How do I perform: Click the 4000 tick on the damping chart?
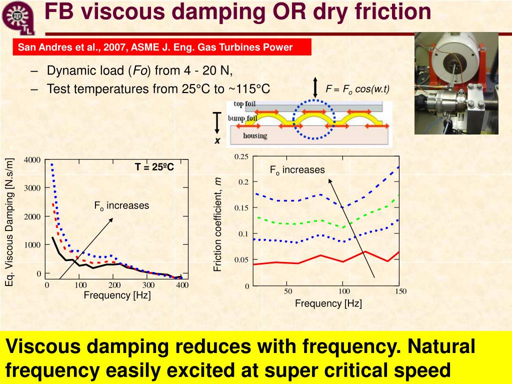[x=31, y=160]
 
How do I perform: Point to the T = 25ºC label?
[x=154, y=167]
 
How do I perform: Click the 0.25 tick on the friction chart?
[x=241, y=157]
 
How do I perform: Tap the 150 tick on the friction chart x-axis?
[x=400, y=291]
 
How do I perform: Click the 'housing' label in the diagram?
[x=255, y=135]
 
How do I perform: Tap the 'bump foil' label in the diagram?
[x=242, y=118]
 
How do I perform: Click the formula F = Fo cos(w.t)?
[x=357, y=89]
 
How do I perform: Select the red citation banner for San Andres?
[x=162, y=47]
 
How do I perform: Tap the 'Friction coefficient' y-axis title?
[x=218, y=225]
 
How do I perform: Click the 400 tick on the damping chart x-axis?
[x=182, y=285]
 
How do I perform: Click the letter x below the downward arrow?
[x=217, y=141]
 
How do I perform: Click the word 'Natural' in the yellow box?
[x=439, y=346]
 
